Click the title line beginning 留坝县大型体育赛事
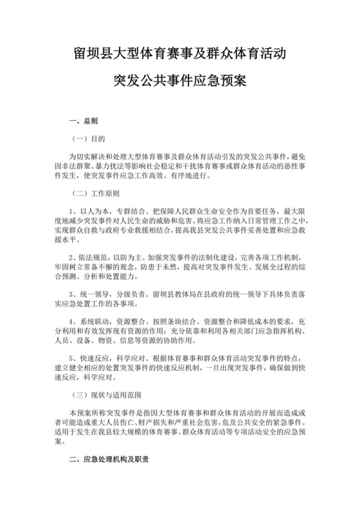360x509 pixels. coord(180,55)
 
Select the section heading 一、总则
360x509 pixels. coord(84,120)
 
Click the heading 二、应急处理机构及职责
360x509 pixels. coord(109,461)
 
